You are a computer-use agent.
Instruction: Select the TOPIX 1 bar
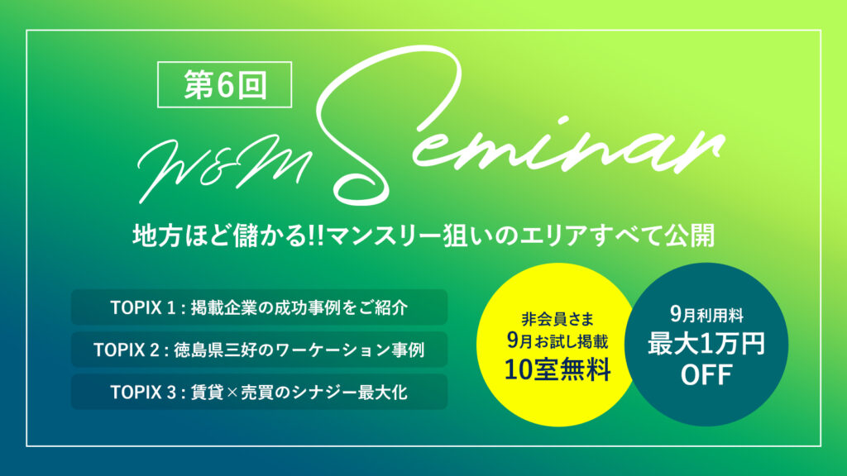[259, 307]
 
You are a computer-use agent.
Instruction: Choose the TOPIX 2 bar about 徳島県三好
[259, 350]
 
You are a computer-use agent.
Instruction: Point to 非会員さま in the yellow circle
[558, 315]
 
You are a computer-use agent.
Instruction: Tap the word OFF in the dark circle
[706, 376]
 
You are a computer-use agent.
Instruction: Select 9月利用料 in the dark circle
[706, 314]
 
